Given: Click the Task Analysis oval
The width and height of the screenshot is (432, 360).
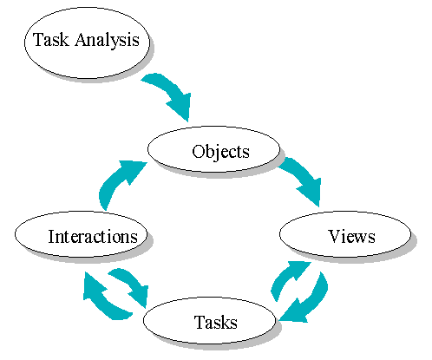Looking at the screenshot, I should (x=86, y=41).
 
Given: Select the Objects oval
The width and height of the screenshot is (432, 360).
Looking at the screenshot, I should (x=213, y=151).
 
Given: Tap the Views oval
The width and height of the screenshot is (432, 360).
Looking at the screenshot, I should (x=344, y=235).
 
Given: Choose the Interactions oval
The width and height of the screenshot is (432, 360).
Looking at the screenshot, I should (x=82, y=236).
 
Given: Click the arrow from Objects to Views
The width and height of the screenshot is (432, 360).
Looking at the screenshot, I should (x=301, y=178).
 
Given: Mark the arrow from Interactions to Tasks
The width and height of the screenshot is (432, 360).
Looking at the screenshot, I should (x=128, y=286).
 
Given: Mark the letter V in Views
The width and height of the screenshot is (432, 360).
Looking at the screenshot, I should (x=334, y=236).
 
